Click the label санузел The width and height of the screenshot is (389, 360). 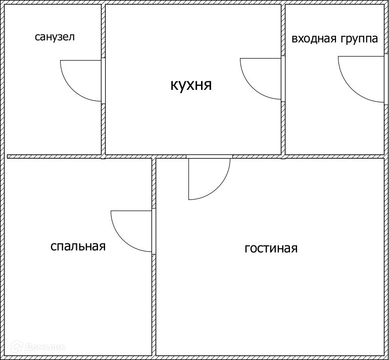[55, 37]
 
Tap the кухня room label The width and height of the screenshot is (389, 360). [191, 84]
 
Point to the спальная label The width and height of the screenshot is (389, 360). [78, 246]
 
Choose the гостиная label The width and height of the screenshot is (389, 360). [271, 248]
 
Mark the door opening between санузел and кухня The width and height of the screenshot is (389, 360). [104, 81]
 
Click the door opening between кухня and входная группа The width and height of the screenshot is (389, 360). [283, 78]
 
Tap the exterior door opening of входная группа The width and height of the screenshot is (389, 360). [386, 79]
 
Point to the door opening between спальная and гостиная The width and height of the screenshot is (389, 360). [154, 231]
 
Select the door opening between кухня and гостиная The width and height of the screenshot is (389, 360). [209, 156]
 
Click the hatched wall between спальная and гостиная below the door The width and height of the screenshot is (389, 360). [154, 303]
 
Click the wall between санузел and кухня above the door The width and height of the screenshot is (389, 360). [104, 30]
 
